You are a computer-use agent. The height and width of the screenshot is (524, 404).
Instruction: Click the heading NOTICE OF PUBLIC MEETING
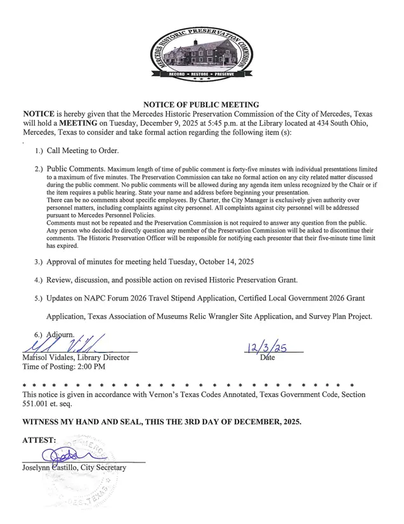201,104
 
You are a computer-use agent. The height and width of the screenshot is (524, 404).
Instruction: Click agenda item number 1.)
39,151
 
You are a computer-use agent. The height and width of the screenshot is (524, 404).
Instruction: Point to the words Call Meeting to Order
82,151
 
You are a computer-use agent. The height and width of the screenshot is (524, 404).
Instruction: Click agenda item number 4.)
39,279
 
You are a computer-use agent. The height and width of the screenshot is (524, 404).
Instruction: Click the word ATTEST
39,440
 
